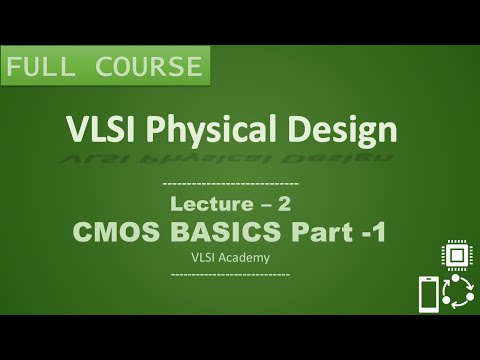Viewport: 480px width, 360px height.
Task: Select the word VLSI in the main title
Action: pos(99,130)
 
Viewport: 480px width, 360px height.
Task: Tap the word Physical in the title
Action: pos(215,131)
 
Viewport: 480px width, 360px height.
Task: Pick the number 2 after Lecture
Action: pos(284,205)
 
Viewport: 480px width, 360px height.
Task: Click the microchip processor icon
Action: pos(456,257)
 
